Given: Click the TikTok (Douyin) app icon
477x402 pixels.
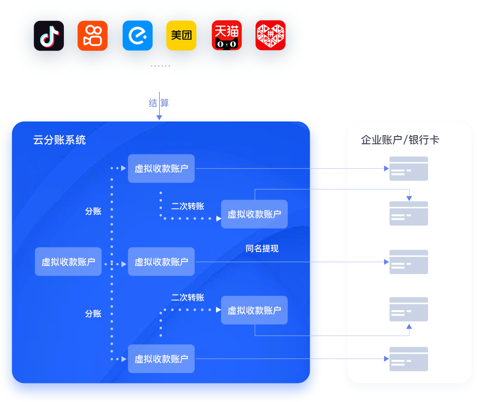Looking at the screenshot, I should point(49,36).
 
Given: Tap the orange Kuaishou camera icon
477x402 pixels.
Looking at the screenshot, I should point(92,36).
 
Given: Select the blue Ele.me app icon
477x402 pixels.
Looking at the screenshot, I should point(137,36).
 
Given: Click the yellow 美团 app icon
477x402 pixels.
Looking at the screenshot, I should point(181,36).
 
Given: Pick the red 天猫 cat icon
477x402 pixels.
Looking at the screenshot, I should point(226,36).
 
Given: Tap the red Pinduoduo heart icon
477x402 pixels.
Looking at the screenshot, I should point(270,36).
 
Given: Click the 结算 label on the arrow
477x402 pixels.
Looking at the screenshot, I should point(159,103).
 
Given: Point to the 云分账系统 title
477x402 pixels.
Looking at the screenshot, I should point(59,140).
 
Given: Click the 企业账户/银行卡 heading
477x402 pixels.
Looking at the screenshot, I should point(400,140).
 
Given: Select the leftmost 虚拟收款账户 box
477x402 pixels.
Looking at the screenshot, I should point(68,262).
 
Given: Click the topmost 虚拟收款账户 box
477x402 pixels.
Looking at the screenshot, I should point(161,168).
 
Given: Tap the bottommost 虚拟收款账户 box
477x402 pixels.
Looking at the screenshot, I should point(161,359).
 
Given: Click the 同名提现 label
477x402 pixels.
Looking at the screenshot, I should point(262,249).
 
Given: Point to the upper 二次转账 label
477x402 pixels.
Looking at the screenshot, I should point(187,206).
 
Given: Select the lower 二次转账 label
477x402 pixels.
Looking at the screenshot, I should point(187,297).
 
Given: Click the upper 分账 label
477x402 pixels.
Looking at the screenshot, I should point(93,212).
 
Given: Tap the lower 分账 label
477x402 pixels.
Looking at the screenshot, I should point(93,314).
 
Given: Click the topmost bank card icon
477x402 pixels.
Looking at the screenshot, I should point(409,168).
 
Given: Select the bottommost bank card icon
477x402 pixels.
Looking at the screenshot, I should point(409,359).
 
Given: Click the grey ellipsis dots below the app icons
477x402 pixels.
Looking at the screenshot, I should point(160,66).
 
